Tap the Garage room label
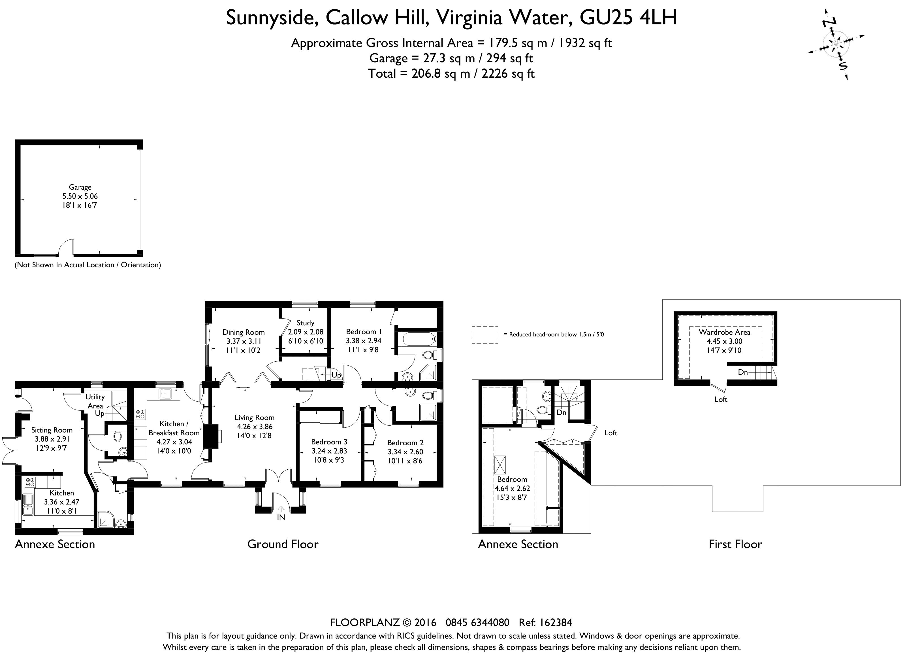coord(80,187)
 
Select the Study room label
coord(305,323)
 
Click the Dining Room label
coord(243,332)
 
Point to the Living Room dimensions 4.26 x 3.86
coord(254,426)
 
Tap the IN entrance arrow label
coord(281,517)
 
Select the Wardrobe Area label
coord(724,332)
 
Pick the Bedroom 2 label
coord(405,443)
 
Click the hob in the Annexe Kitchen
coord(30,482)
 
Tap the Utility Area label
coord(95,401)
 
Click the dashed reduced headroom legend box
coord(484,335)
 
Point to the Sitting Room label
coord(52,430)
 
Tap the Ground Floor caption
coord(283,544)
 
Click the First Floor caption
coord(735,544)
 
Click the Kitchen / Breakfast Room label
coord(174,428)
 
